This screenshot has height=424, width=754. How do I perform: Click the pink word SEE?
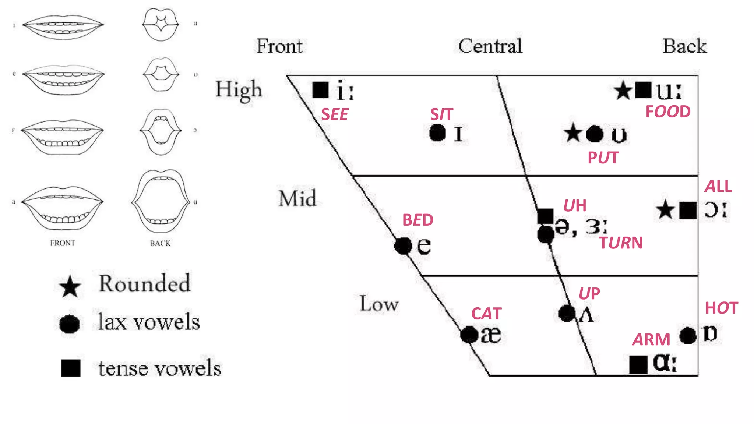point(334,114)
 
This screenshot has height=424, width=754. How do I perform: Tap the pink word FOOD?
point(668,112)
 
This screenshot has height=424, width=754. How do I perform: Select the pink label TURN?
point(621,243)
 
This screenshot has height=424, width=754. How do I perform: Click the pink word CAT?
point(486,314)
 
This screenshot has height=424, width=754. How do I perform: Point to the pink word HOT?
point(721,308)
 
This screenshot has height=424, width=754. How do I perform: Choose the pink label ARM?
point(651,339)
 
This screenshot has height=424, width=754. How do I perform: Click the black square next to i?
point(320,90)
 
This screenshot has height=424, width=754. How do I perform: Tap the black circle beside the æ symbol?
point(469,335)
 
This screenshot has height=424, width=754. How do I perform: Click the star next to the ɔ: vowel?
point(665,210)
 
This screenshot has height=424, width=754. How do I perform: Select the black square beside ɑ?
point(638,364)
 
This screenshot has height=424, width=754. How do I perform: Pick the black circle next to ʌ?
point(567,314)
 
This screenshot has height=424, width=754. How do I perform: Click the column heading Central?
point(490,46)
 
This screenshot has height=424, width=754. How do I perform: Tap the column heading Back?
point(684,46)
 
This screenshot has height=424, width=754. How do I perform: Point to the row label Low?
point(379,304)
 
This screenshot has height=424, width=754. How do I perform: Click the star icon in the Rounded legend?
point(70,287)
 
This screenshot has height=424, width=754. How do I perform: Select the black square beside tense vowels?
point(71,368)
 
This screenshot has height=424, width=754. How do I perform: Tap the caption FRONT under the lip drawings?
point(63,243)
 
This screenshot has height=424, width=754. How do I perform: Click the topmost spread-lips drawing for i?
point(63,26)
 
